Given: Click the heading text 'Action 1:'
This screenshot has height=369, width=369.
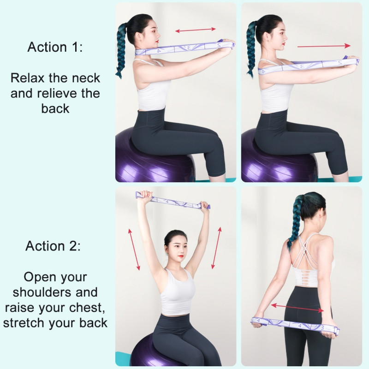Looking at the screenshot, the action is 55,47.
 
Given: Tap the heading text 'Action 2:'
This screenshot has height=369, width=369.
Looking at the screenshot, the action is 53,246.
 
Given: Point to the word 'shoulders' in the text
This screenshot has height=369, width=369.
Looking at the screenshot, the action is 42,292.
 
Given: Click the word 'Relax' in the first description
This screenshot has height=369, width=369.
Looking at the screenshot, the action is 27,78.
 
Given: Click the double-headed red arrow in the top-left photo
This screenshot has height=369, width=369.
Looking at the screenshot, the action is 195,30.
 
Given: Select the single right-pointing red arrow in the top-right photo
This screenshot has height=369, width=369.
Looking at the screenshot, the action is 324,46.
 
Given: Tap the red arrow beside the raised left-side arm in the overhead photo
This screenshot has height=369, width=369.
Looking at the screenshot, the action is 134,250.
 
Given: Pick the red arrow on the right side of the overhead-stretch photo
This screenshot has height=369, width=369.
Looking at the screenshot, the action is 216,248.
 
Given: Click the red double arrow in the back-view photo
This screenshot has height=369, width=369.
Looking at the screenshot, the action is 297,308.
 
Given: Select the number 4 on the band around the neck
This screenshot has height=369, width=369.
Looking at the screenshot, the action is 159,51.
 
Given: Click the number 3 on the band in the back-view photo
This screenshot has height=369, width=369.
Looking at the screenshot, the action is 322,327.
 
